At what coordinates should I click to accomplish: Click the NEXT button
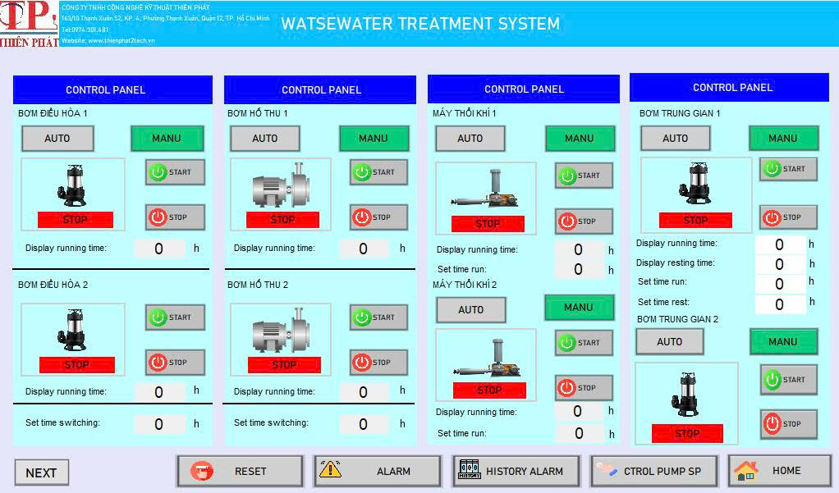41,472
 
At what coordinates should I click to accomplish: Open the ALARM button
377,471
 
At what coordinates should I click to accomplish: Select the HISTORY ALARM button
516,471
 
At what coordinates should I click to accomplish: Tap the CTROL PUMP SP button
653,471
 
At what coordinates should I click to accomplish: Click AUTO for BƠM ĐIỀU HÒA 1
57,139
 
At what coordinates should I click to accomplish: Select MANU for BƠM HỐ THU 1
374,139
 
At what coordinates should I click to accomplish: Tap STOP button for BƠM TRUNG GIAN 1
788,217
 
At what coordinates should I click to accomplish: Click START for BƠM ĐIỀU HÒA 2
175,317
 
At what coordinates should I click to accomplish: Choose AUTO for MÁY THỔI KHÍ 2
471,310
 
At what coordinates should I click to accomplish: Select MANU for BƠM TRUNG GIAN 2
783,342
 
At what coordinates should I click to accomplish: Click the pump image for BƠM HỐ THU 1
280,187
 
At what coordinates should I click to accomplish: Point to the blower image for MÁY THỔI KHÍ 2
487,358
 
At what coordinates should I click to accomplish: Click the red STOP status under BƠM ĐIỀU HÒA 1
76,220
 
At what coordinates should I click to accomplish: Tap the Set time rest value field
779,304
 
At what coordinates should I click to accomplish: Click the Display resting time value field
779,264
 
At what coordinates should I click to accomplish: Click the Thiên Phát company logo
30,24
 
